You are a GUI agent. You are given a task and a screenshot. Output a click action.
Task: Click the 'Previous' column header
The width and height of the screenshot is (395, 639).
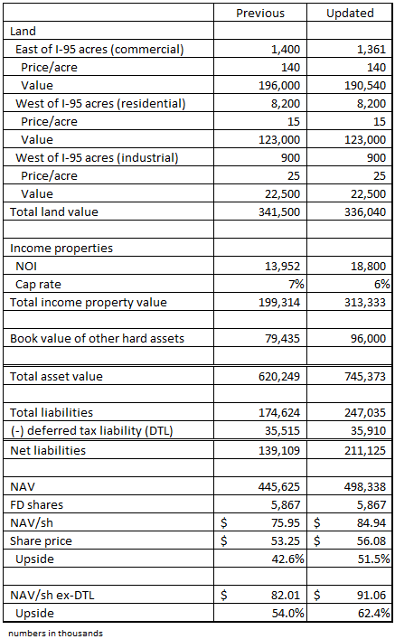coord(259,13)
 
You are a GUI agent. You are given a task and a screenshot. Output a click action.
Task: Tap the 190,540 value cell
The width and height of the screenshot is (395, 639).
coord(363,85)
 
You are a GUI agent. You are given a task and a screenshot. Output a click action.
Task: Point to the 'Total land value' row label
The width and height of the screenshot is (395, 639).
coord(53,211)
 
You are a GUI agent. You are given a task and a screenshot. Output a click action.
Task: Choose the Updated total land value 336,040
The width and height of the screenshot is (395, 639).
coord(363,211)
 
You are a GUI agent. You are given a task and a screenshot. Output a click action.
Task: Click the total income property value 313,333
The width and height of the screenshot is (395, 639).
coord(363,302)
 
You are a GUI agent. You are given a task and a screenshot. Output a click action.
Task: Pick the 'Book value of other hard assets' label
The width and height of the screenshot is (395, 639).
coord(97,339)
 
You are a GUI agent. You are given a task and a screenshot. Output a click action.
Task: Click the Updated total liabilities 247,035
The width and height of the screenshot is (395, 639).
coord(363,413)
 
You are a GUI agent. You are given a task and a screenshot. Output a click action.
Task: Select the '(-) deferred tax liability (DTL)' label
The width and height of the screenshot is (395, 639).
coord(93,431)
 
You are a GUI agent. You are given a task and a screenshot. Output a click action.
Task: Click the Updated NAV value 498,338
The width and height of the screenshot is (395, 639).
coord(363,486)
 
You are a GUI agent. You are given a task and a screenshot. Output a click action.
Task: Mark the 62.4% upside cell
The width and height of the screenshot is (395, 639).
coord(372,614)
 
